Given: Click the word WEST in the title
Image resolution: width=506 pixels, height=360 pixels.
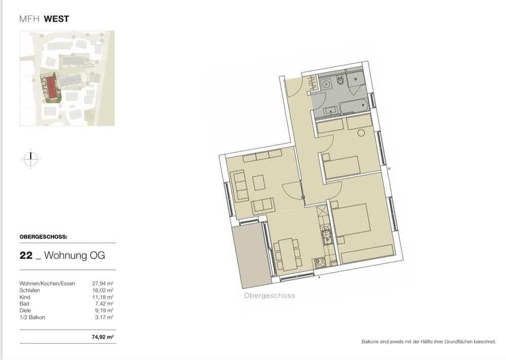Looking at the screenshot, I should [56, 19].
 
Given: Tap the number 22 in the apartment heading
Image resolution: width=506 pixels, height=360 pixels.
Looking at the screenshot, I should [26, 256].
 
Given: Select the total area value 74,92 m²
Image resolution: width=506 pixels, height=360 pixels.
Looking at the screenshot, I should [103, 336].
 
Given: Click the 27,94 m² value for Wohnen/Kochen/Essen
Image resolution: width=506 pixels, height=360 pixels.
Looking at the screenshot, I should [103, 284].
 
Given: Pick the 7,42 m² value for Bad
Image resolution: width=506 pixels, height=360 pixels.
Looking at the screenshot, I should [104, 304].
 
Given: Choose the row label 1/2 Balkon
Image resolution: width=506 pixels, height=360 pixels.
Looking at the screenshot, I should [32, 317].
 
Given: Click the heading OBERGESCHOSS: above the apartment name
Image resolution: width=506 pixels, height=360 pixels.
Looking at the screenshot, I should [43, 236].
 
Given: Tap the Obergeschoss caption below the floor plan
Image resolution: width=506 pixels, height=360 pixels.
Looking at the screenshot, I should [269, 296].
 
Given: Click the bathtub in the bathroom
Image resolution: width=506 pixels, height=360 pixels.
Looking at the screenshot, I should [347, 107].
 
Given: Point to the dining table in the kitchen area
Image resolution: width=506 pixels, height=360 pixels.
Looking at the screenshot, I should [286, 254].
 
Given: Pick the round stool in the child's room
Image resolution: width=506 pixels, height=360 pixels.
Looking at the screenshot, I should [361, 133].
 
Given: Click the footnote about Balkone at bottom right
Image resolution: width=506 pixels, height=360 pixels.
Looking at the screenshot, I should [428, 342].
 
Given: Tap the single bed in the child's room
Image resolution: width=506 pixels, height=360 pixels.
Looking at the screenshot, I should [342, 166].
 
